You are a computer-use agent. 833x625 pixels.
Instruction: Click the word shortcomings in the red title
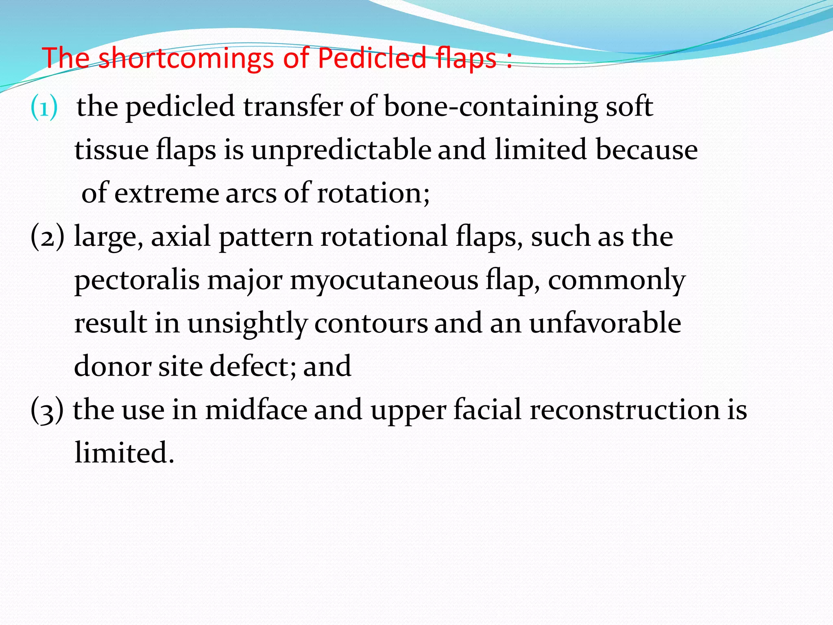pos(187,58)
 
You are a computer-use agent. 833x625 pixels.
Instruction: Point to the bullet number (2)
pos(47,237)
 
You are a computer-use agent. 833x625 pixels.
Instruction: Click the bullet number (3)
pos(47,410)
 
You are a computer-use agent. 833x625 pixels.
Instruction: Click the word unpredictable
pos(341,150)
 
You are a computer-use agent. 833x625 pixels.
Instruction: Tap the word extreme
pos(166,193)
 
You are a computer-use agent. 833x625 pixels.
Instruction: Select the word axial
pos(181,236)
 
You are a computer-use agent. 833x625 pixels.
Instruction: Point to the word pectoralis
pos(137,280)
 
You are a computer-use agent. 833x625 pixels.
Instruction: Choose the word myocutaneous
pos(384,280)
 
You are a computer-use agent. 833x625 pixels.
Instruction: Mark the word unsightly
pos(247,323)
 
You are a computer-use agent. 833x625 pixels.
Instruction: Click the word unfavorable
pos(605,323)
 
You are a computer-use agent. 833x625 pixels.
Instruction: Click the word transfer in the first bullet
pos(293,107)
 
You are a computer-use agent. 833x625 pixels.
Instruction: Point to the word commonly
pos(617,280)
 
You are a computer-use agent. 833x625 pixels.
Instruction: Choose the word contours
pos(371,323)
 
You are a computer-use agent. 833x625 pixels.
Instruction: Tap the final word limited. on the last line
pos(124,452)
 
